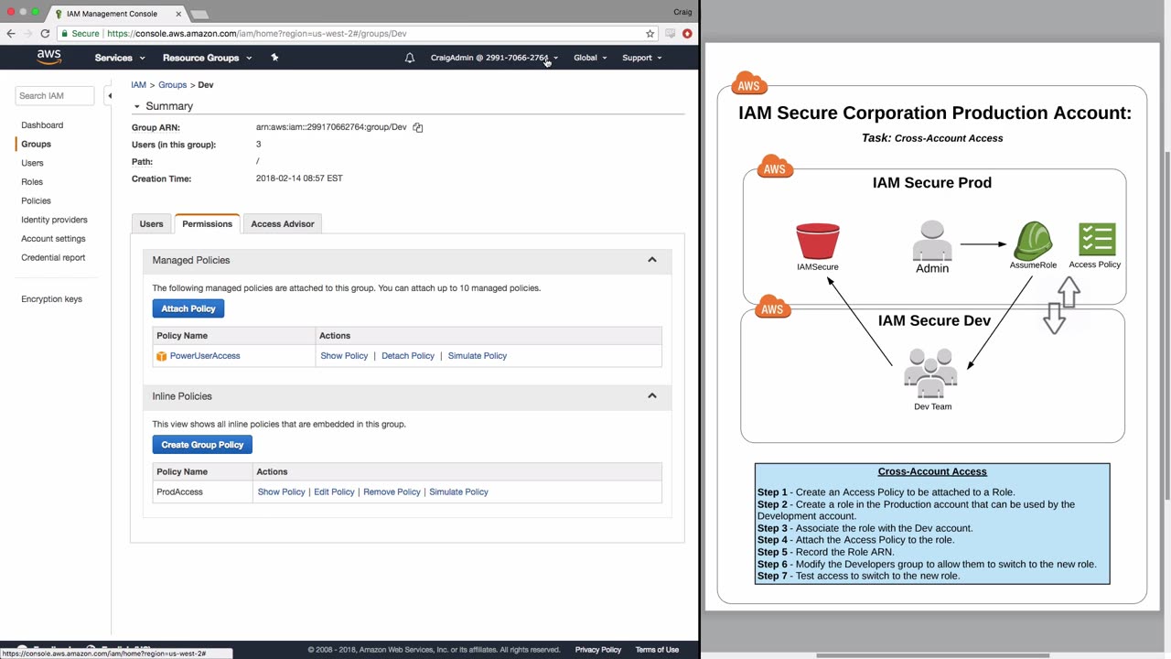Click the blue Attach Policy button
tap(188, 308)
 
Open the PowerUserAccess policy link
tap(205, 356)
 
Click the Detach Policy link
tap(408, 356)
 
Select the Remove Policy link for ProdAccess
tap(392, 492)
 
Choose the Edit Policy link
tap(334, 492)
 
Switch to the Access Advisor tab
tap(283, 224)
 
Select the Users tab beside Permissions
tap(151, 224)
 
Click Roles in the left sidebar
tap(32, 182)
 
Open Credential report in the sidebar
tap(53, 257)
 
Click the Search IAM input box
tap(54, 96)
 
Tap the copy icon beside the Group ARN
tap(418, 127)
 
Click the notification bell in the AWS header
tap(410, 58)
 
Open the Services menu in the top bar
tap(120, 58)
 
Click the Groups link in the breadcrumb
tap(173, 85)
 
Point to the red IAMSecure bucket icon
tap(818, 241)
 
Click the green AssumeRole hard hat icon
tap(1033, 241)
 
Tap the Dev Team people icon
tap(930, 373)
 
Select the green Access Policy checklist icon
tap(1097, 239)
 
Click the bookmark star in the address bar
tap(650, 34)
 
